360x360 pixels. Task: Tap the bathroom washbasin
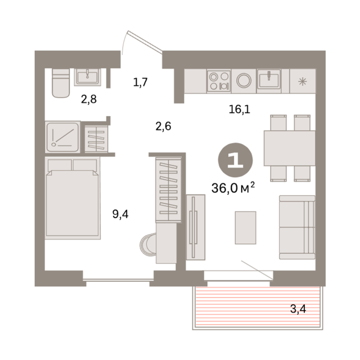[88, 77]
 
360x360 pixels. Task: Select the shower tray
[63, 137]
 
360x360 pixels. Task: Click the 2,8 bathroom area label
[89, 99]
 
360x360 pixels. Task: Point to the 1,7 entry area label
[140, 82]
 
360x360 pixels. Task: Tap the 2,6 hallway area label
[163, 126]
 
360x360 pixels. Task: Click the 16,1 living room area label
[240, 109]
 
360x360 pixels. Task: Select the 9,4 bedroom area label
[120, 214]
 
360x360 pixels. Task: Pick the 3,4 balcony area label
[298, 309]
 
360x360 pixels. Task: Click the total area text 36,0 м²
[233, 188]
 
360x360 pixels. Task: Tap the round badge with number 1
[235, 160]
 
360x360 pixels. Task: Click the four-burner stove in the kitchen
[219, 81]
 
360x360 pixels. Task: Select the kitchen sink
[269, 80]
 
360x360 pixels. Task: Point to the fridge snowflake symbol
[302, 82]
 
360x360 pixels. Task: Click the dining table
[290, 148]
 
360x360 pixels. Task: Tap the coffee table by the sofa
[245, 227]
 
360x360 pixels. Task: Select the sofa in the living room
[297, 227]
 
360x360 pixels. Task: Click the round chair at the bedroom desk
[148, 244]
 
